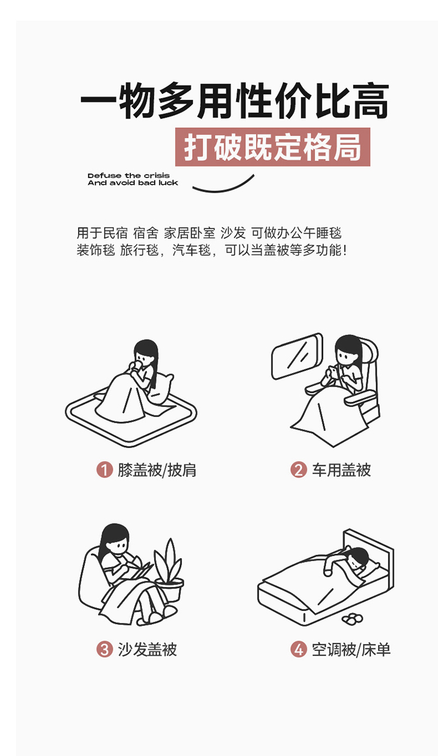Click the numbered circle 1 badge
click(x=105, y=470)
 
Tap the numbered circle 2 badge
click(x=298, y=470)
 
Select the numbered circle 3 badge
click(x=105, y=649)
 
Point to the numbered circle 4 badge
click(x=298, y=649)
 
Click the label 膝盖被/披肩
click(x=157, y=470)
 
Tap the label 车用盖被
click(x=341, y=470)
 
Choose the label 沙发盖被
click(x=147, y=649)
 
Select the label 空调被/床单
click(x=351, y=649)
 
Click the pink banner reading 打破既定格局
click(x=273, y=147)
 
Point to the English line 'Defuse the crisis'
click(x=128, y=176)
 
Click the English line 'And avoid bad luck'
click(x=133, y=183)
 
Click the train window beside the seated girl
click(x=297, y=356)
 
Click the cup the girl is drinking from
click(x=137, y=366)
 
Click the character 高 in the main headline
click(x=370, y=100)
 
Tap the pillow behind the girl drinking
click(x=161, y=389)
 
